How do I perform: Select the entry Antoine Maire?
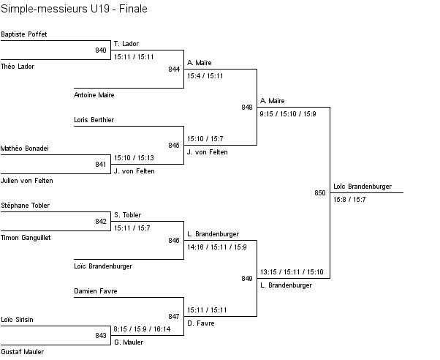[94, 95]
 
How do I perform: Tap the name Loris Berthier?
[94, 119]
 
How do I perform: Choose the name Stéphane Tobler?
[26, 206]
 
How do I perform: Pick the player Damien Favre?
[95, 291]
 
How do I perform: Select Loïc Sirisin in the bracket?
[18, 320]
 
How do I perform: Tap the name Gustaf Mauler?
[22, 352]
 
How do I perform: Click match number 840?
[101, 50]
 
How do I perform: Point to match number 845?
[174, 145]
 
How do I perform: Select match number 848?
[247, 108]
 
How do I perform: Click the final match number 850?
[320, 193]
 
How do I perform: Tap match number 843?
[101, 336]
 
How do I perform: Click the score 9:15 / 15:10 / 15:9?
[287, 114]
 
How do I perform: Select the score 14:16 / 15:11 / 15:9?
[216, 247]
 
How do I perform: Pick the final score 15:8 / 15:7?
[349, 200]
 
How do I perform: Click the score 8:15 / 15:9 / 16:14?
[142, 329]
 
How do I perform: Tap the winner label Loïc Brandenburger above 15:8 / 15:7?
[362, 187]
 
